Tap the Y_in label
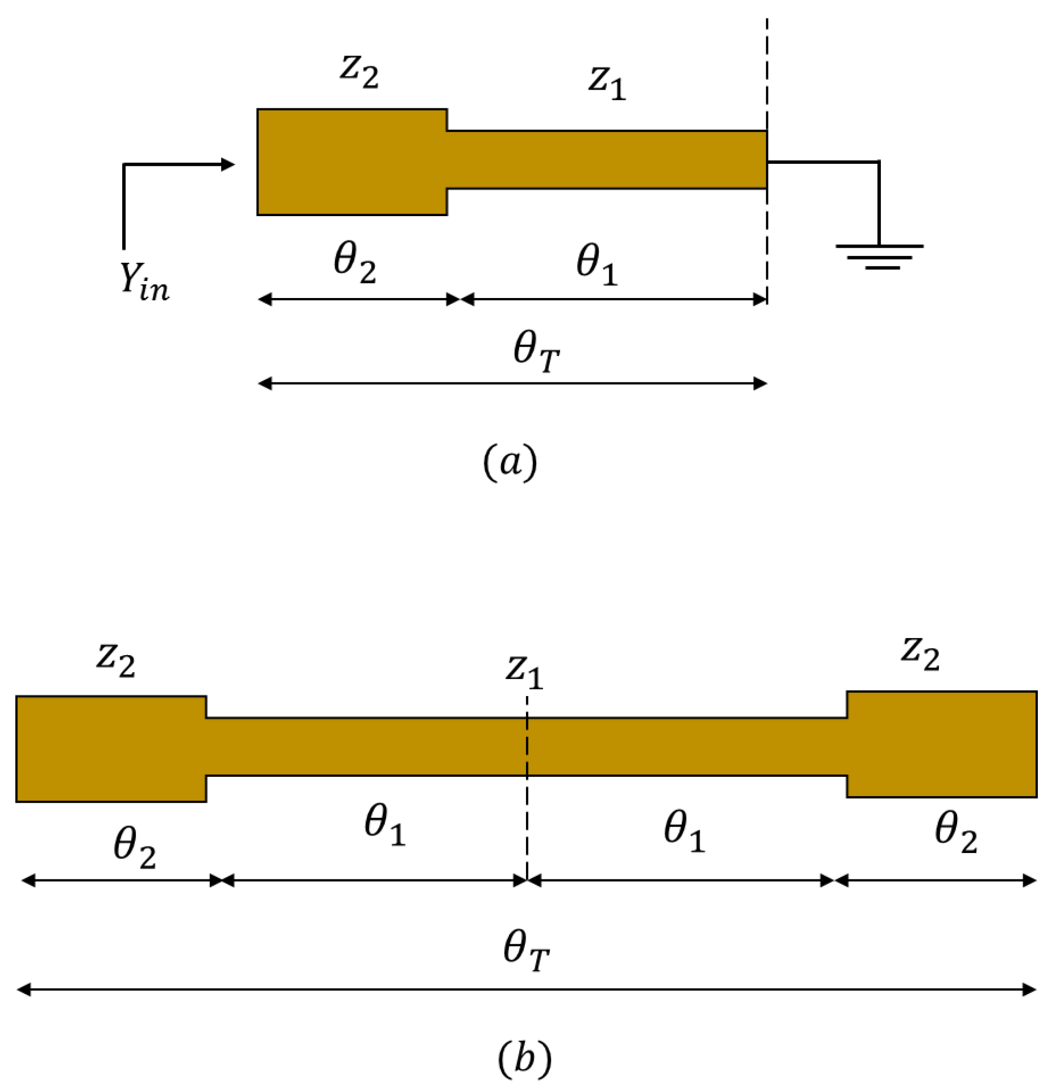coord(144,282)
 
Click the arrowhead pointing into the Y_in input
coord(228,164)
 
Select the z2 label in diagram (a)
coord(359,73)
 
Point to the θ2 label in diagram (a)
coord(355,265)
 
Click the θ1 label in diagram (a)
coord(596,266)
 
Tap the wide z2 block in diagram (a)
coord(352,162)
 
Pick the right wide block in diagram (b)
coord(942,744)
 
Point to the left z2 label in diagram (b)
coord(116,660)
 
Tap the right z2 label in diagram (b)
coord(921,654)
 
